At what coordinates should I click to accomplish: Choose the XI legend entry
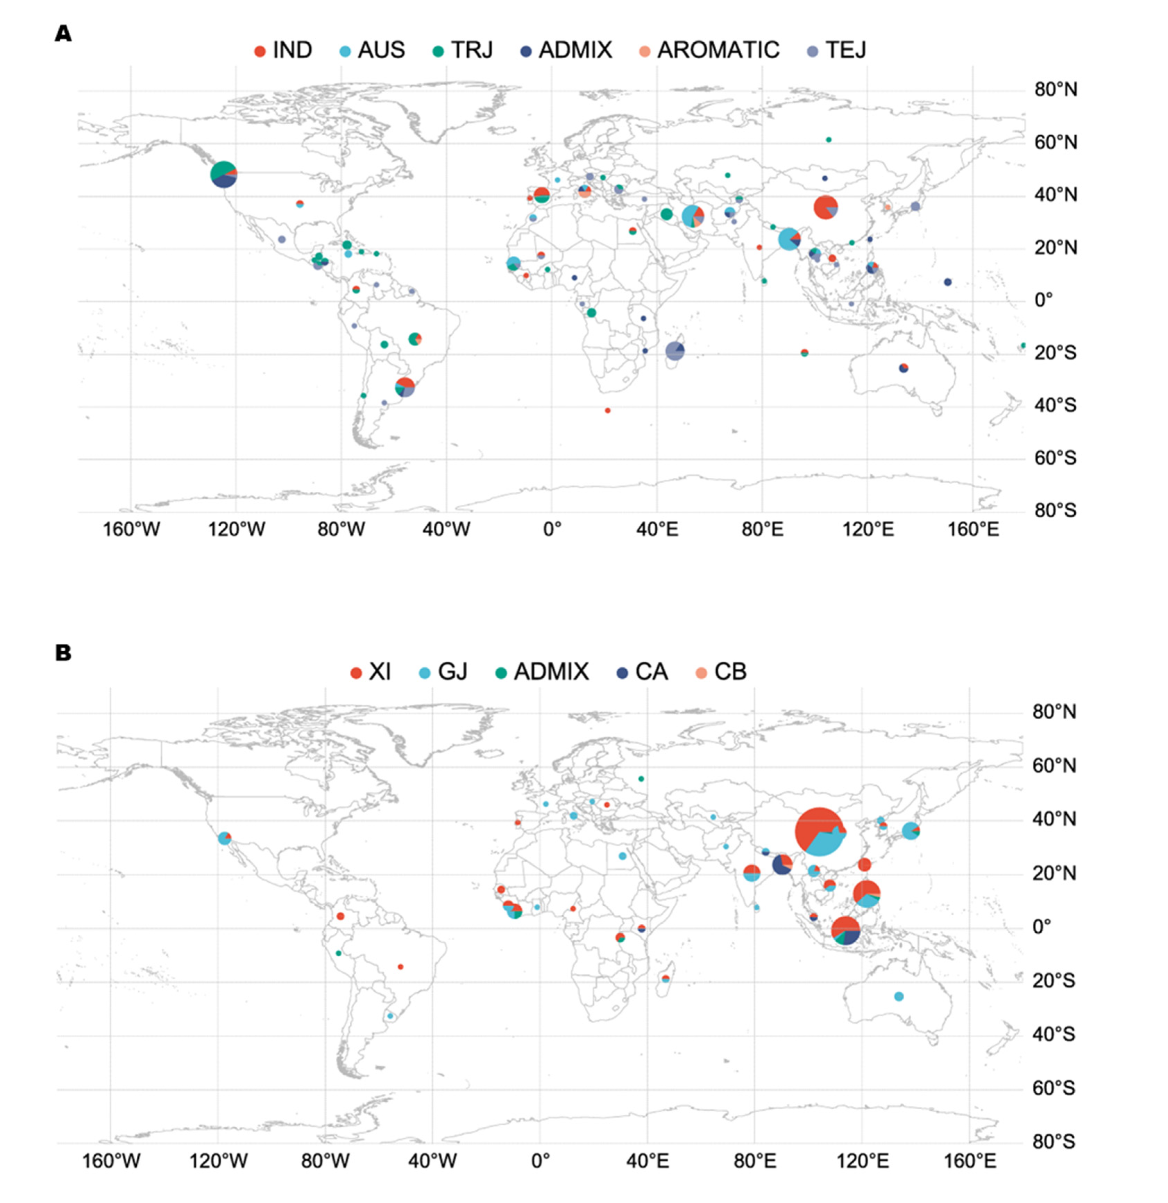[x=371, y=671]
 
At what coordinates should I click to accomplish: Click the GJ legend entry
[x=444, y=671]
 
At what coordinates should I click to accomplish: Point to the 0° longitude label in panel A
[x=552, y=529]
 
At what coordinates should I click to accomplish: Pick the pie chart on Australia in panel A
[x=903, y=368]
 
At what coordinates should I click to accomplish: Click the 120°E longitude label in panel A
[x=867, y=529]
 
